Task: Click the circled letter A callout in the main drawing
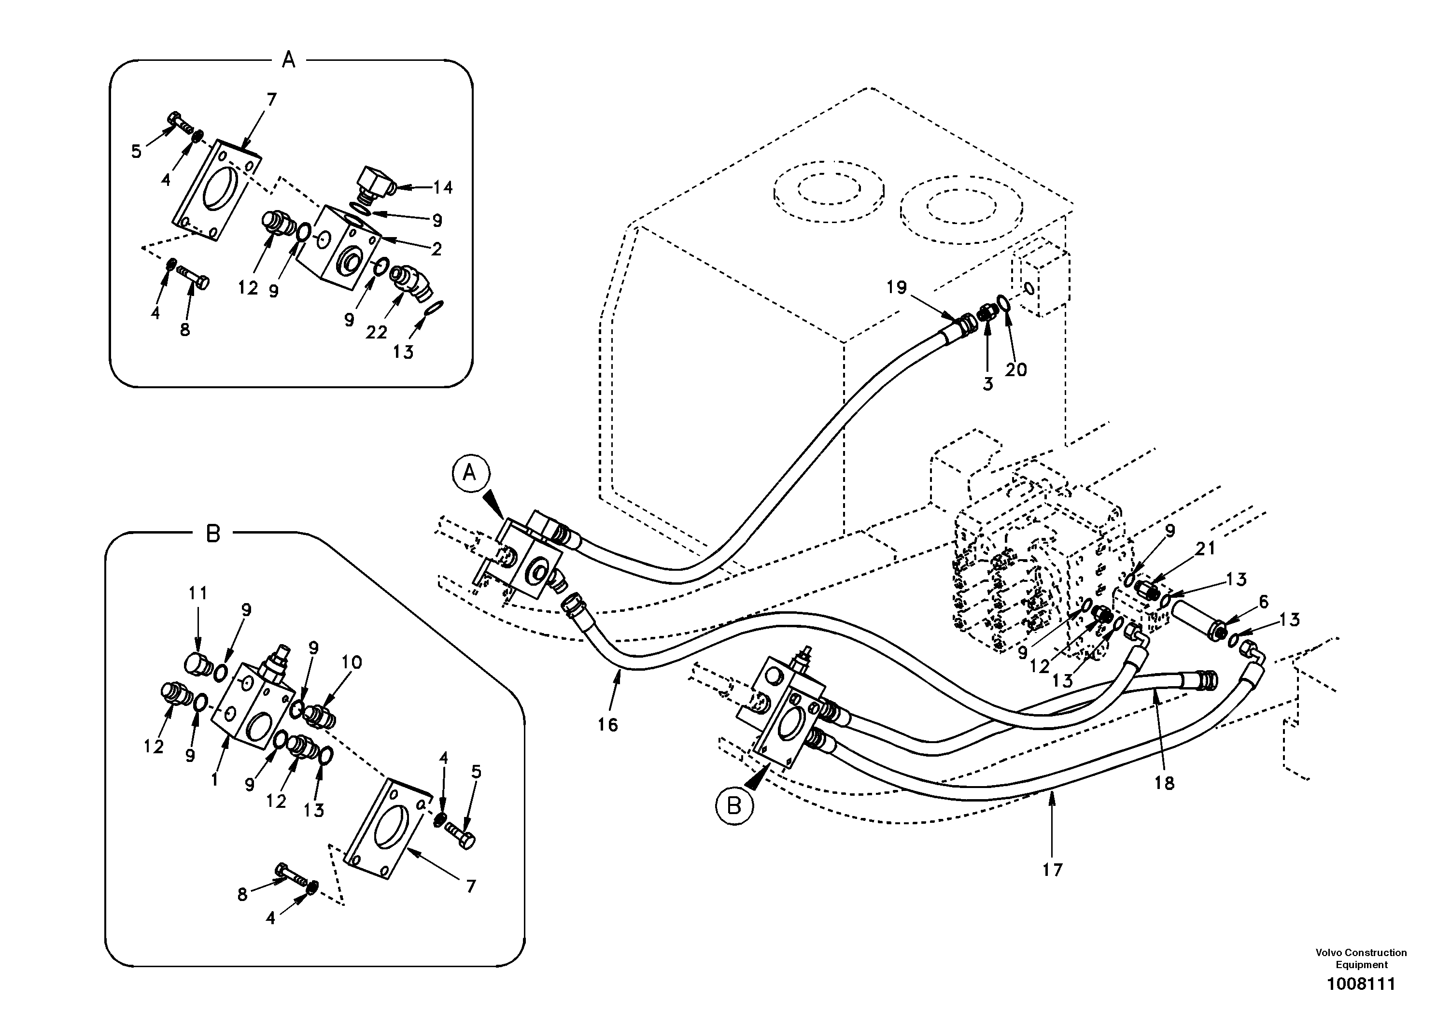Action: [x=469, y=474]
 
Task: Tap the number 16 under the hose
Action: [x=607, y=725]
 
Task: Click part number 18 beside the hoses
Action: [x=1164, y=783]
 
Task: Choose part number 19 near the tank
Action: [x=896, y=288]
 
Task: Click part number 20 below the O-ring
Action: [x=1016, y=370]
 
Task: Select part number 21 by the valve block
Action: [x=1205, y=549]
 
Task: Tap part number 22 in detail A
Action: [x=376, y=332]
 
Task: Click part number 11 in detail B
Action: [x=198, y=593]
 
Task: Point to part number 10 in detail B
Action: [x=351, y=662]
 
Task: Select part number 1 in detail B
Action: [x=215, y=780]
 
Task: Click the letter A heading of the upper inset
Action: [x=289, y=60]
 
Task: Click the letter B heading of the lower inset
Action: [x=213, y=534]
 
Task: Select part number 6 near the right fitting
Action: [x=1263, y=602]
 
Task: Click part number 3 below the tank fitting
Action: [x=987, y=384]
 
